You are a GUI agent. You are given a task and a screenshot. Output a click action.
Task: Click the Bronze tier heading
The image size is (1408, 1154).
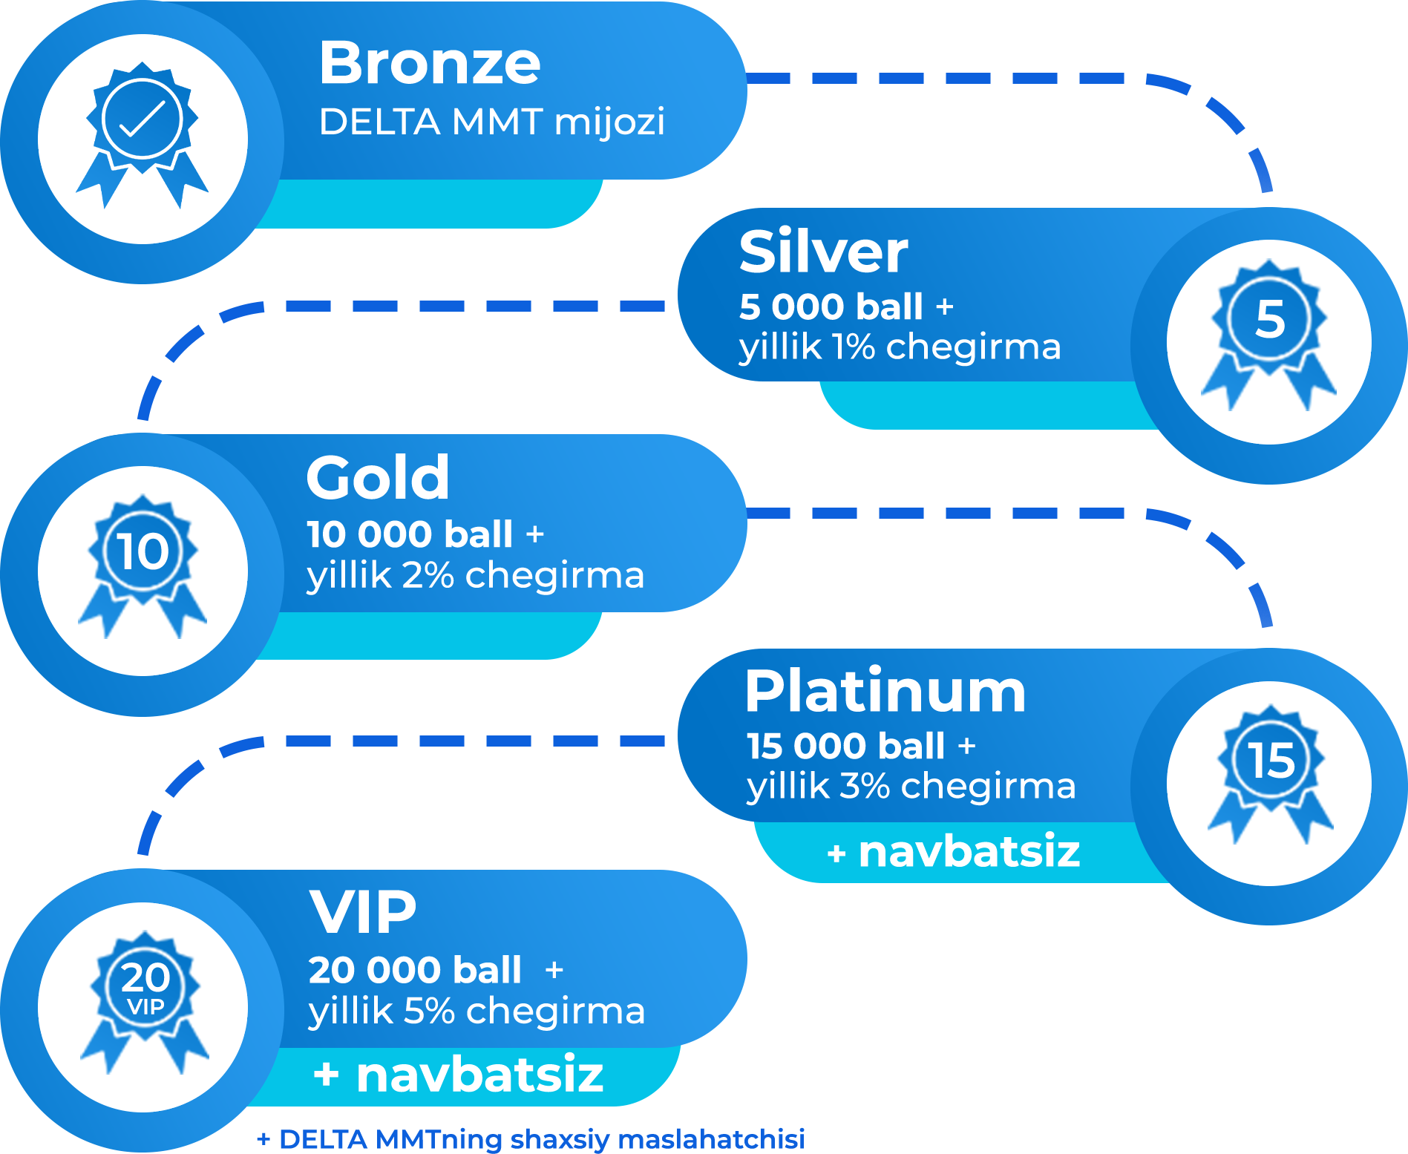click(x=430, y=63)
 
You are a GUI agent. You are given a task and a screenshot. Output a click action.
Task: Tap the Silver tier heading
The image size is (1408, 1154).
click(x=823, y=252)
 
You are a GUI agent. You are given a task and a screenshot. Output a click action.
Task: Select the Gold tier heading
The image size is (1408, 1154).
click(x=378, y=478)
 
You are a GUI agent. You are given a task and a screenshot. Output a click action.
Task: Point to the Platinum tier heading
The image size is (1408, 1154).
click(x=885, y=692)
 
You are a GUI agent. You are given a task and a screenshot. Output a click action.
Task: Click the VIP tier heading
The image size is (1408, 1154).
click(x=363, y=912)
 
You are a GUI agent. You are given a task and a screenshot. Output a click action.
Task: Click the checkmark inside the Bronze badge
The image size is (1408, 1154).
click(x=142, y=119)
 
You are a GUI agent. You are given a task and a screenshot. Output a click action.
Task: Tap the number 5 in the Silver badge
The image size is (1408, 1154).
click(x=1269, y=319)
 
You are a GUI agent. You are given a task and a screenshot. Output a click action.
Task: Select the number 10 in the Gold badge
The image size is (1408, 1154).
click(x=143, y=551)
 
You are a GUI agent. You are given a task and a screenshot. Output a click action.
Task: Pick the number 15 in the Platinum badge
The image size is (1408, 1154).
click(x=1271, y=761)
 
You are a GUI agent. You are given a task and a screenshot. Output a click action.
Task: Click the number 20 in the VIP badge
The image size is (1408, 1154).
click(x=145, y=977)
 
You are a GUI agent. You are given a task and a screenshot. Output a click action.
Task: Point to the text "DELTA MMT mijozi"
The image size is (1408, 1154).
click(x=491, y=122)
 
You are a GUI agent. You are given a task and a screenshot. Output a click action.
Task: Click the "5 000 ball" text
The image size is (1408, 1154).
click(x=831, y=307)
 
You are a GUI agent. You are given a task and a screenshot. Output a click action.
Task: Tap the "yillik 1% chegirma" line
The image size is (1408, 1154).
click(x=900, y=347)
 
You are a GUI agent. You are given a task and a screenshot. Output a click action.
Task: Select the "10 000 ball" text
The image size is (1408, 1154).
click(x=409, y=534)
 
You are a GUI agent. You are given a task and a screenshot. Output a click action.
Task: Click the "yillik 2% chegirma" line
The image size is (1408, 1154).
click(x=475, y=576)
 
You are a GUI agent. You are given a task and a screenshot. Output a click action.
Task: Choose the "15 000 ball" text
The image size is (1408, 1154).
click(x=845, y=747)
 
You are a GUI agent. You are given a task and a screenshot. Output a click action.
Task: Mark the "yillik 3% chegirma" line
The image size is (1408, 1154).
click(x=911, y=787)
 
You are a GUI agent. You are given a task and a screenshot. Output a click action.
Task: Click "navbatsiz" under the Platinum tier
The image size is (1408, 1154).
click(x=969, y=852)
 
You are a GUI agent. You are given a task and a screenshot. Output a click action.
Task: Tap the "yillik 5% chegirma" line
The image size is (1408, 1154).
click(x=477, y=1012)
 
